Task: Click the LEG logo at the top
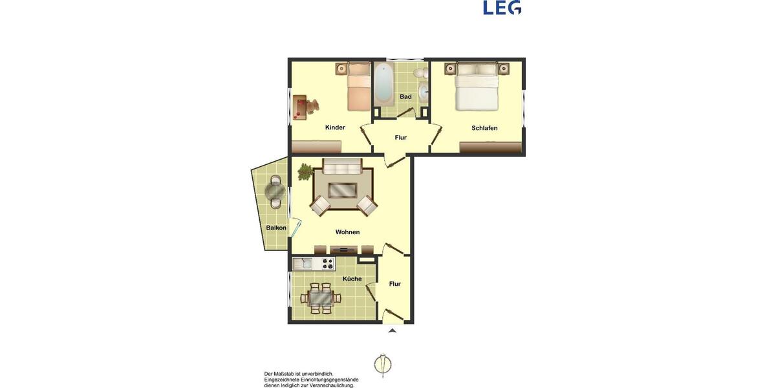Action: click(502, 7)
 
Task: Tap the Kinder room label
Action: click(335, 127)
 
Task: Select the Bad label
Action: click(405, 97)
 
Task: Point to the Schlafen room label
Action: click(484, 128)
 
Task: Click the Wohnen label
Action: click(347, 232)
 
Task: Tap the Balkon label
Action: click(276, 228)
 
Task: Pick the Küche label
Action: click(352, 279)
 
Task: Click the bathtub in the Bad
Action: click(383, 85)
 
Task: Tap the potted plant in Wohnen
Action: click(305, 171)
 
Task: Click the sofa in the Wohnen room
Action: click(343, 167)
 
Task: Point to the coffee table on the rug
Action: click(343, 190)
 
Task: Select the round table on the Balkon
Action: click(276, 191)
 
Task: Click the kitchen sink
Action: click(302, 263)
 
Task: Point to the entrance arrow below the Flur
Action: click(392, 330)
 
